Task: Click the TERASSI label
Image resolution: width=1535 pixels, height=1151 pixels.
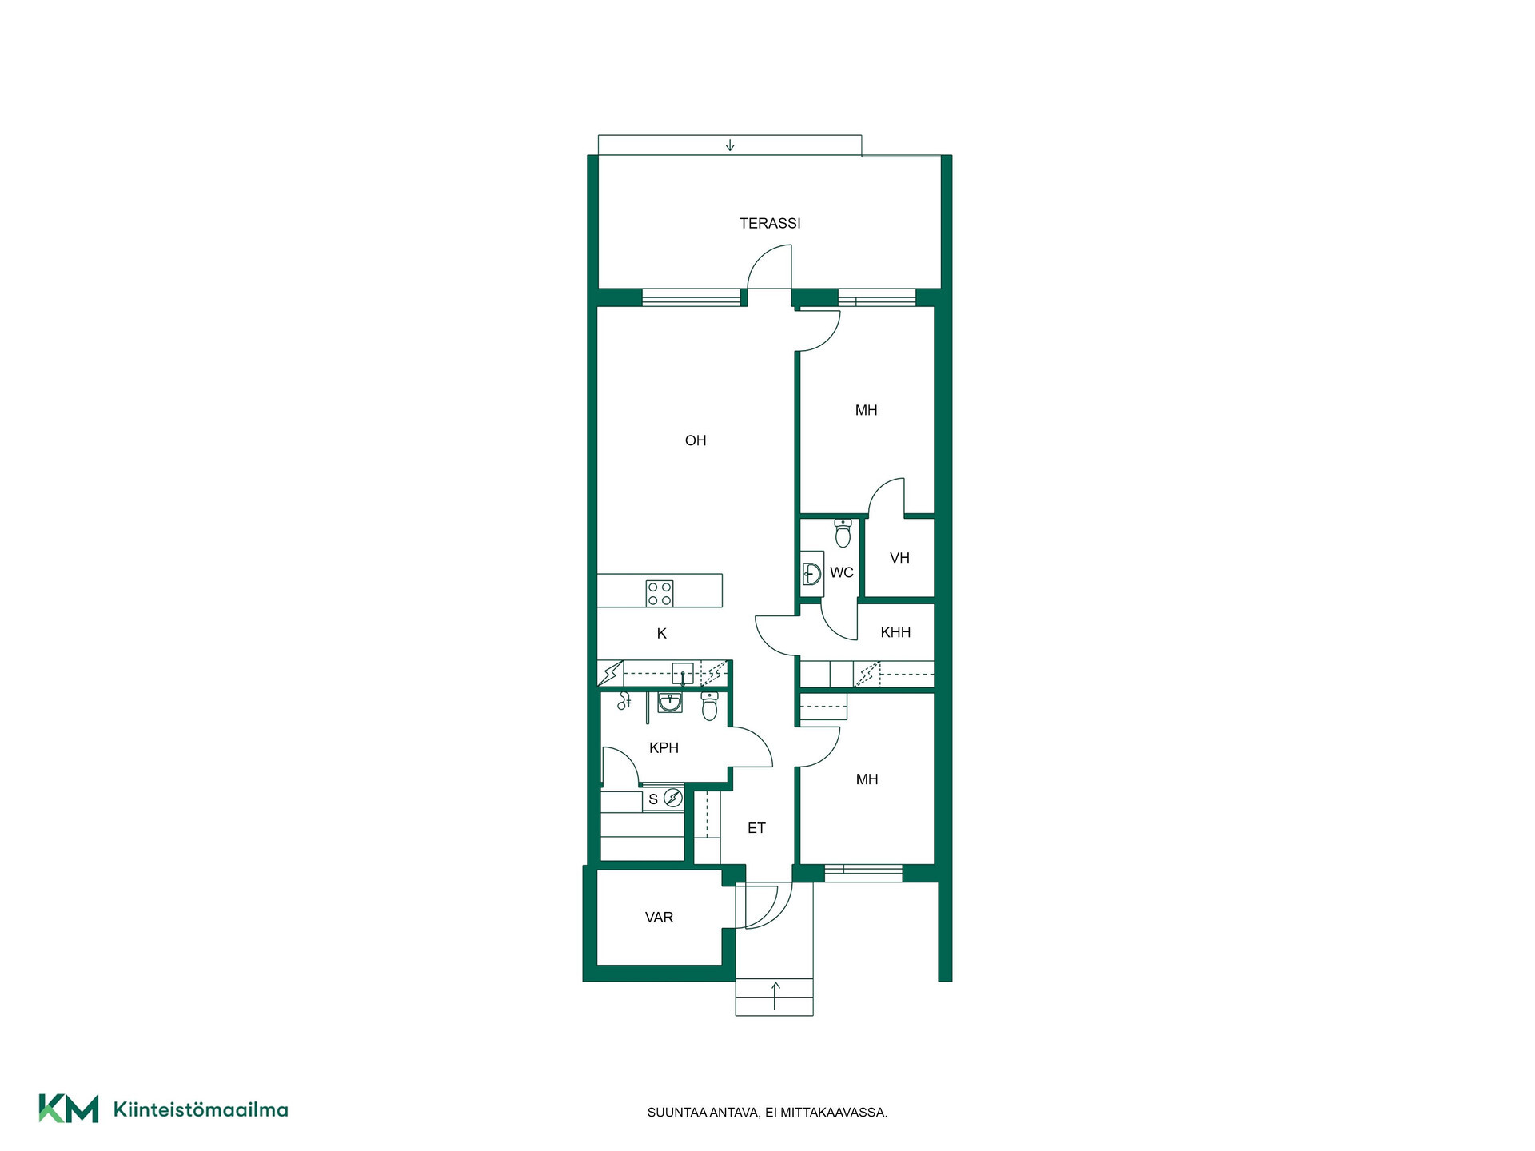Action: tap(770, 223)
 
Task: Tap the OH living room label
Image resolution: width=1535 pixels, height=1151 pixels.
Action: tap(696, 440)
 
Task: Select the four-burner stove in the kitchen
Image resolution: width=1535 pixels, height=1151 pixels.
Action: tap(660, 594)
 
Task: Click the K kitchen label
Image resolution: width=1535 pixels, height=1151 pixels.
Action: tap(662, 634)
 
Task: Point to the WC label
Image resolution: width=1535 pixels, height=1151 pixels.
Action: tap(842, 572)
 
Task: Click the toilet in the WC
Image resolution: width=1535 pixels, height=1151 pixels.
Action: tap(843, 532)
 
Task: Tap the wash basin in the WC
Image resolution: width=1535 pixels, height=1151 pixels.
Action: tap(812, 573)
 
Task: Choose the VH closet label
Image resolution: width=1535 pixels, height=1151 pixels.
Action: tap(899, 558)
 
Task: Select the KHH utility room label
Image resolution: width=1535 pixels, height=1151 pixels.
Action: tap(895, 632)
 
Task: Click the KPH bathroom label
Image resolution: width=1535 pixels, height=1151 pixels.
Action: tap(664, 748)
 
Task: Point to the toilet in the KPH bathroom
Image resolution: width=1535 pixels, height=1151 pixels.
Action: tap(709, 707)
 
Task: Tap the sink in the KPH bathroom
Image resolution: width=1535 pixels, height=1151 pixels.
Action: tap(670, 703)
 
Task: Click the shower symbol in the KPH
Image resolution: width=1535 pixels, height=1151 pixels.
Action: tap(624, 701)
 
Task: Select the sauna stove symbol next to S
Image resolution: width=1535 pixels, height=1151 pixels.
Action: tap(673, 798)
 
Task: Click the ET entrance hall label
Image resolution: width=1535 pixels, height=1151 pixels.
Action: tap(756, 828)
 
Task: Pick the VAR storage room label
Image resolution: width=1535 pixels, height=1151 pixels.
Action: tap(659, 918)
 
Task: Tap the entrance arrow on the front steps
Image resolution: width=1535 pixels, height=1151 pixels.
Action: tap(775, 996)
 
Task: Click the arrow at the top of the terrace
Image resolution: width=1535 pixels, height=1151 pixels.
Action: tap(730, 145)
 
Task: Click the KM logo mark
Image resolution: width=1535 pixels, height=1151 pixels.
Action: tap(69, 1109)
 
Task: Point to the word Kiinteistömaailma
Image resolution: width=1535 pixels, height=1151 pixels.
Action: tap(201, 1109)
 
